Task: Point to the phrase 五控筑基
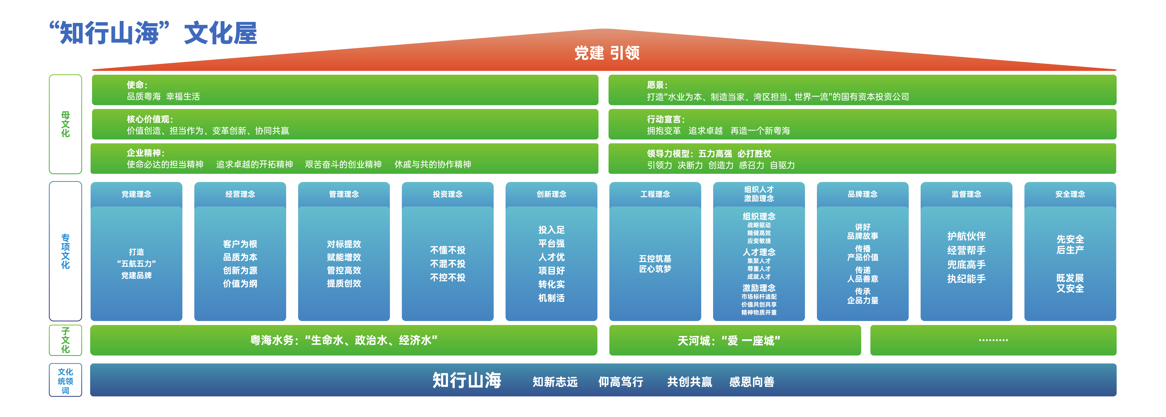pos(655,258)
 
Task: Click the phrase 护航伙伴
pos(966,236)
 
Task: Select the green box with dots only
pos(993,340)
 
